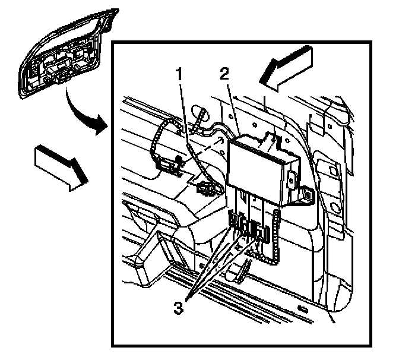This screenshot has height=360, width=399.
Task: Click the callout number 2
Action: click(223, 75)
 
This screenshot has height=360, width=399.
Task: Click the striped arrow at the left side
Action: click(60, 167)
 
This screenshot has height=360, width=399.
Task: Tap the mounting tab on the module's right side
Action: click(305, 194)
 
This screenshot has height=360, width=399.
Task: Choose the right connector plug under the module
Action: click(259, 230)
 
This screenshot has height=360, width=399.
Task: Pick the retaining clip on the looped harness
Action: click(172, 166)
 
